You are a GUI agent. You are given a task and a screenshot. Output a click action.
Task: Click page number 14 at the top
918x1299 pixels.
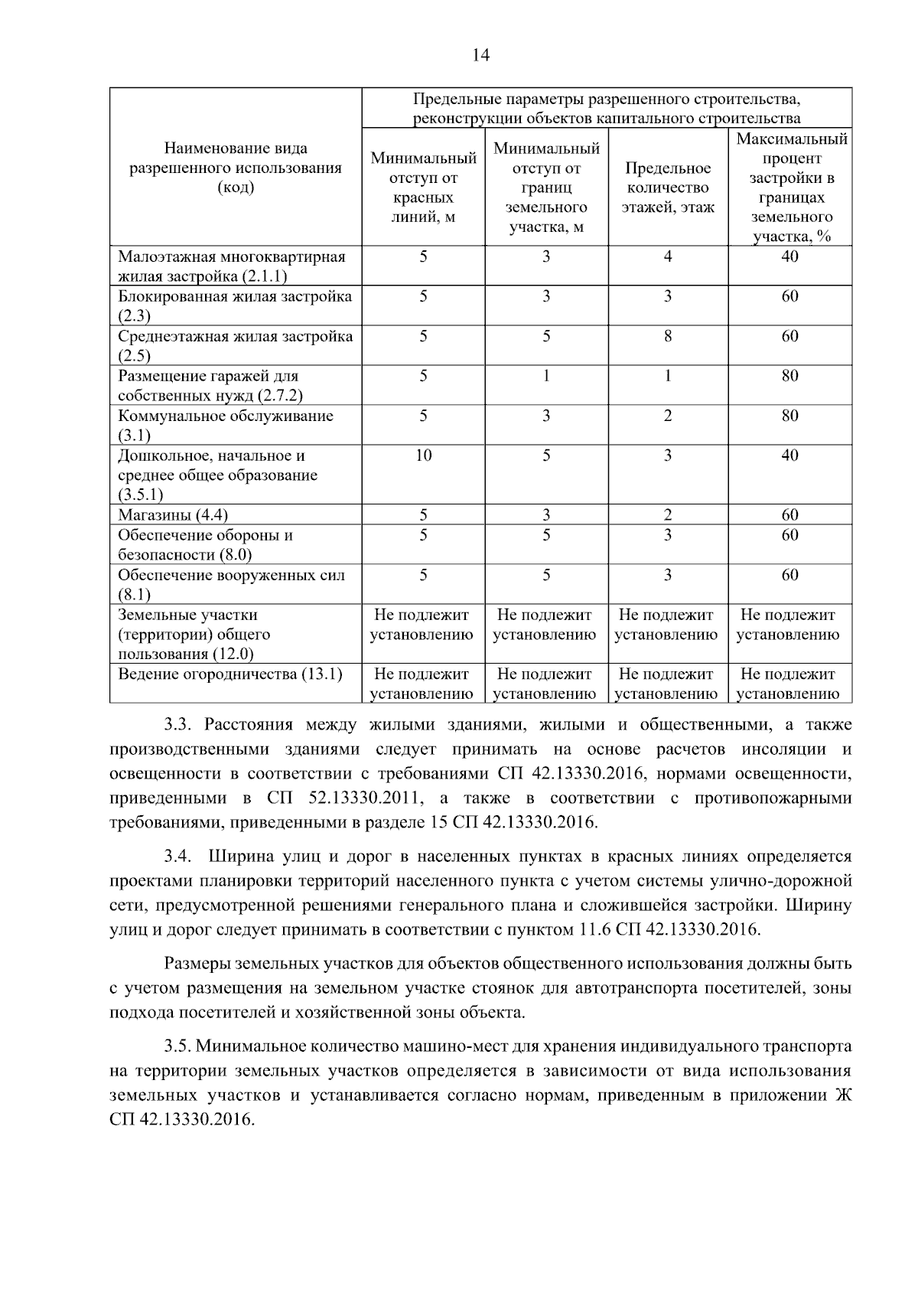(480, 55)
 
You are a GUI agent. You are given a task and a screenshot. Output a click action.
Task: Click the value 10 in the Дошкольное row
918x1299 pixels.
(423, 455)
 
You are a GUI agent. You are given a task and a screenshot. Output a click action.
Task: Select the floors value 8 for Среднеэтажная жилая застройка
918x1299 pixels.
(667, 336)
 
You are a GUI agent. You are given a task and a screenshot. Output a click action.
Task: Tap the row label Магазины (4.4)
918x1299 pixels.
(173, 514)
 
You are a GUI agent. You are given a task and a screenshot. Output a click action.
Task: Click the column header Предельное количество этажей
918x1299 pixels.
(667, 188)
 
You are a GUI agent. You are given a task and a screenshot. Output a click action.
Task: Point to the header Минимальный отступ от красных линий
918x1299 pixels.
(423, 188)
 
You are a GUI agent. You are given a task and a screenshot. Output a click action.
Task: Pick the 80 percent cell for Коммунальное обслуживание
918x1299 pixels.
(789, 416)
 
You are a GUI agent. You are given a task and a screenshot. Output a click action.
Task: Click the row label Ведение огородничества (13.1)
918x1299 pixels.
(229, 674)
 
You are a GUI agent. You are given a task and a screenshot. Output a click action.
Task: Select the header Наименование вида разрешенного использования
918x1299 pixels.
(235, 168)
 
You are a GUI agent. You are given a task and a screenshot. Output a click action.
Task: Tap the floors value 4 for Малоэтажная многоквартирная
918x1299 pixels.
(667, 256)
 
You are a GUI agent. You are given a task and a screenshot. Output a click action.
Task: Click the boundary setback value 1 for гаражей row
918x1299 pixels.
(545, 376)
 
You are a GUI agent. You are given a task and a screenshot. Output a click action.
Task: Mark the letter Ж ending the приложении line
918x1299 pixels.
(843, 1095)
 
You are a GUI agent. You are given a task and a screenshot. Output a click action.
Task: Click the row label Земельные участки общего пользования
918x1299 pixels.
(194, 634)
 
